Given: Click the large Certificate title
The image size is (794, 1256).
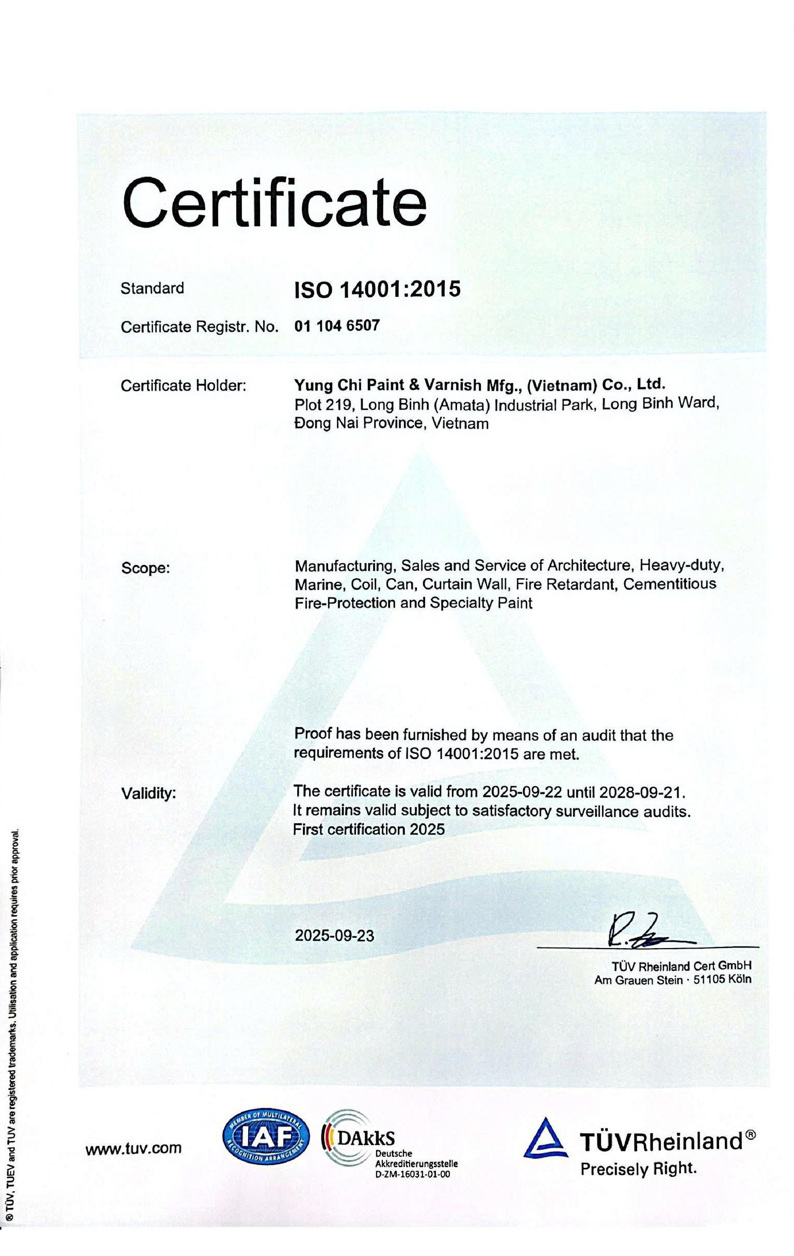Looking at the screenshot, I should coord(273,202).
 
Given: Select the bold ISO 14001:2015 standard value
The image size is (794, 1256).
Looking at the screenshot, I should coord(377,288).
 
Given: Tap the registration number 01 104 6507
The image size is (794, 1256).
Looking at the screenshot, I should coord(337,326).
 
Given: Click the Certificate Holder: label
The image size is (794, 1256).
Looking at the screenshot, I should coord(183,386).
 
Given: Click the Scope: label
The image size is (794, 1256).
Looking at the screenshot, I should coord(145,568).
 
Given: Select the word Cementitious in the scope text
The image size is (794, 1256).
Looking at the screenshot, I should coord(669,584).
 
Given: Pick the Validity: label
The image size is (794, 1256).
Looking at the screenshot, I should coord(149,794).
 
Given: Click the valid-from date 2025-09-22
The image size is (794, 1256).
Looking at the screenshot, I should coord(522,792).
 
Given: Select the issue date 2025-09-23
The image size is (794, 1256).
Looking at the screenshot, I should coord(334,936).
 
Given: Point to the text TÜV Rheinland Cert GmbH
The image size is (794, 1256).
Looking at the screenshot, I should coord(682,966).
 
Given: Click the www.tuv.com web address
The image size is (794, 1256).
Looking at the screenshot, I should coord(134,1148).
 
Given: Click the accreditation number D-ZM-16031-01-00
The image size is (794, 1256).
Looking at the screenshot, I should coord(412,1174).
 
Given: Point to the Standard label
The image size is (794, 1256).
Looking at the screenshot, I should coord(152,288).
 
